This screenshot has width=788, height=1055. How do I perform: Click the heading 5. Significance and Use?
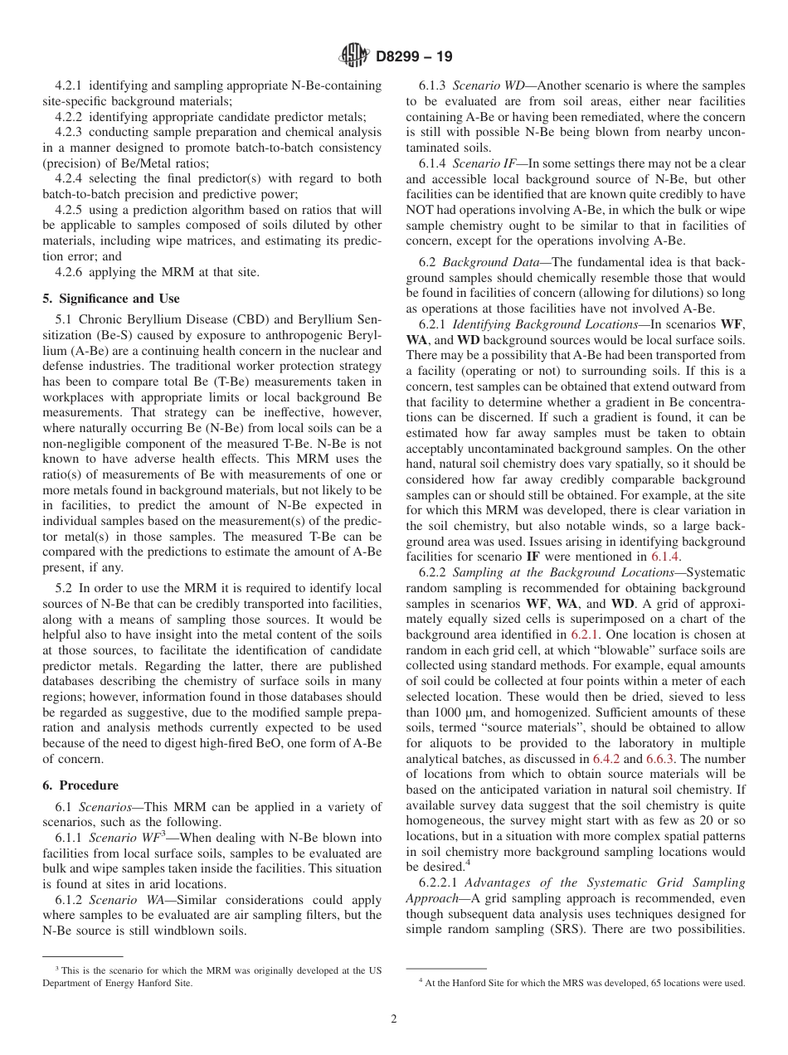110,299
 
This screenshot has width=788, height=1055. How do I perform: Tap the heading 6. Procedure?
80,785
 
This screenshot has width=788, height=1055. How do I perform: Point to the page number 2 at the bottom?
394,1019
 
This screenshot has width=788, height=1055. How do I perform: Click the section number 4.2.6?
70,272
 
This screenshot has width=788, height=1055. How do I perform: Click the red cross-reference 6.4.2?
605,758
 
